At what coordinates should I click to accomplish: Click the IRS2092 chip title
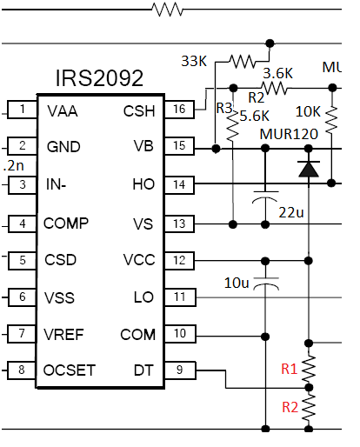[x=99, y=78]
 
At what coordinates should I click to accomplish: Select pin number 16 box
[x=179, y=110]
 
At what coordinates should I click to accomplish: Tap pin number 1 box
[x=23, y=110]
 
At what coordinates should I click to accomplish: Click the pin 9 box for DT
[x=180, y=370]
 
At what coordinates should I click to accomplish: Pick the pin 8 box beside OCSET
[x=22, y=370]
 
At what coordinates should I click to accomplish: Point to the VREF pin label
[x=63, y=335]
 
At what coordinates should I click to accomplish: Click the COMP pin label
[x=66, y=223]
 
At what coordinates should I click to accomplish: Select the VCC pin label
[x=139, y=260]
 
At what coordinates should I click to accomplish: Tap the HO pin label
[x=143, y=184]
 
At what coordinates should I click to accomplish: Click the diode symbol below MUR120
[x=309, y=169]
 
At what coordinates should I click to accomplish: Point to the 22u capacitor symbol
[x=266, y=197]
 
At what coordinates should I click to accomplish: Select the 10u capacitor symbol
[x=266, y=284]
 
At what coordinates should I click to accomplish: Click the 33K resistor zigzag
[x=243, y=61]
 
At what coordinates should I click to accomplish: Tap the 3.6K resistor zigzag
[x=274, y=88]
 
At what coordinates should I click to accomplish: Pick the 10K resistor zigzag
[x=332, y=120]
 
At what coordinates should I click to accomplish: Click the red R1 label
[x=290, y=369]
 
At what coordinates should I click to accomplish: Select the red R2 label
[x=290, y=407]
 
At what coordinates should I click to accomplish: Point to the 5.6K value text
[x=255, y=116]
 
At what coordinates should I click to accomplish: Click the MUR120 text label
[x=289, y=134]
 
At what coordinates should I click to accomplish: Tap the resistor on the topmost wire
[x=168, y=10]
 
